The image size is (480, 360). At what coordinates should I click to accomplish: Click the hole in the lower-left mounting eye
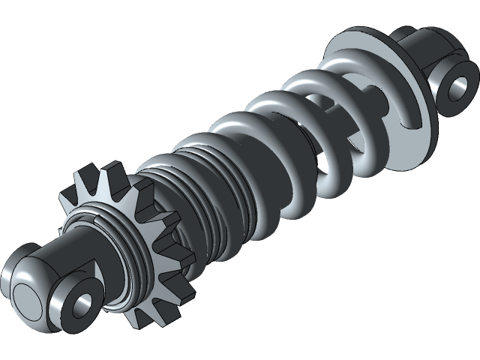coord(81,303)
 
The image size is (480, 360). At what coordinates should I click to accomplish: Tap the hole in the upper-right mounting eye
coord(456,87)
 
